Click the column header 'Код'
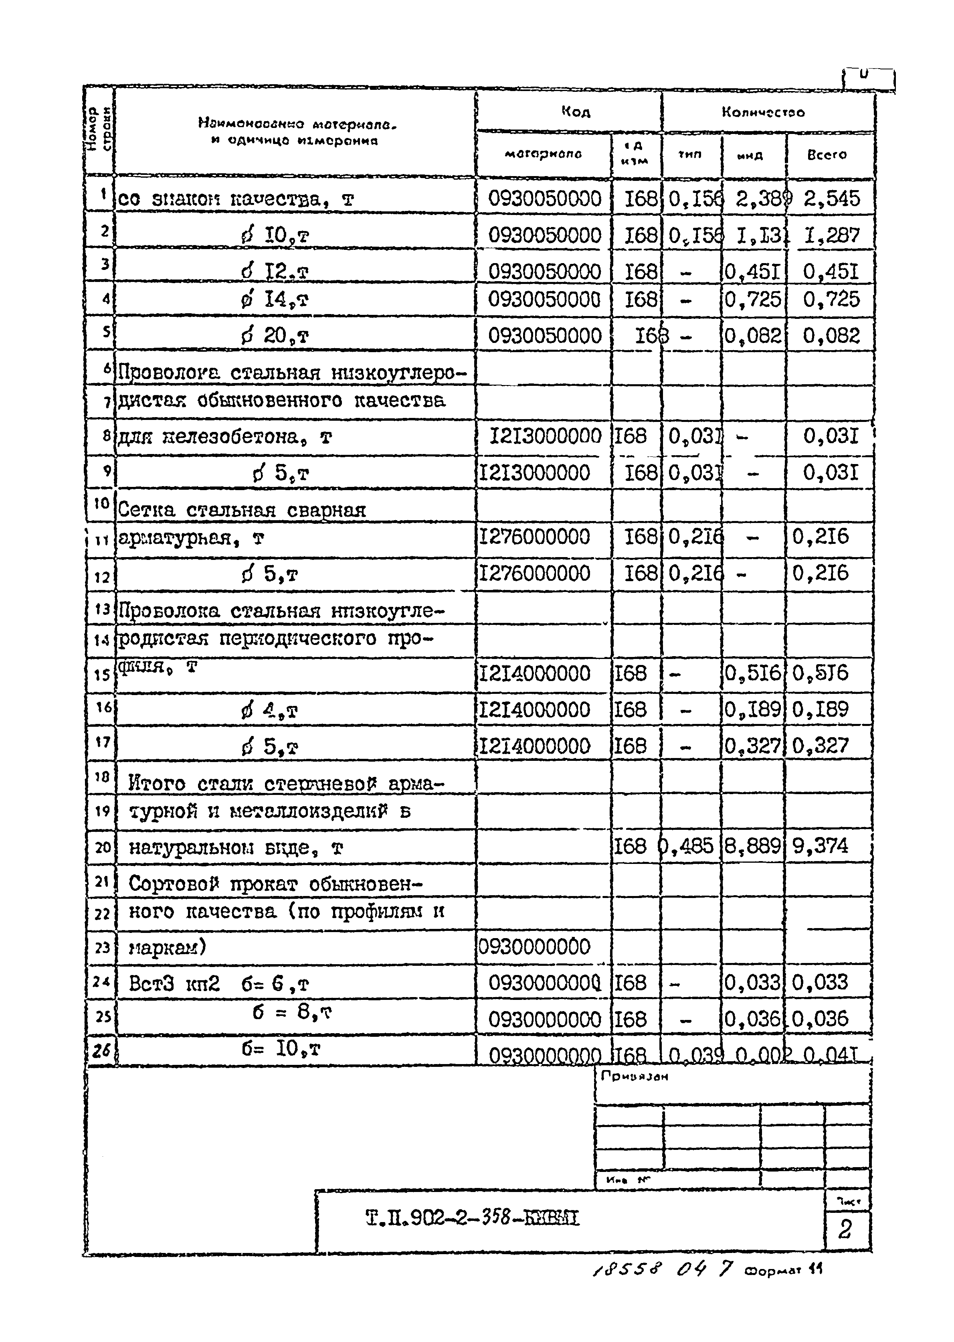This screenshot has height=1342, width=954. click(x=575, y=111)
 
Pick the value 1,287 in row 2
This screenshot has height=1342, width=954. click(x=831, y=236)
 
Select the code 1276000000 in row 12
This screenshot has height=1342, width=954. click(x=535, y=573)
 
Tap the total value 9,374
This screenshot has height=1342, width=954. click(x=820, y=846)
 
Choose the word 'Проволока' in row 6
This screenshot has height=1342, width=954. click(x=169, y=373)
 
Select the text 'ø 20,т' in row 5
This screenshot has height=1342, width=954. click(x=274, y=336)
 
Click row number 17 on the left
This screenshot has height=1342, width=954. click(x=103, y=742)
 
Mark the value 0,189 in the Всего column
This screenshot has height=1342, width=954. click(x=820, y=710)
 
